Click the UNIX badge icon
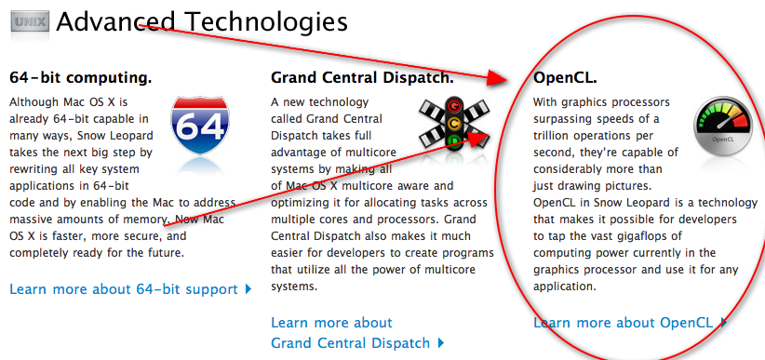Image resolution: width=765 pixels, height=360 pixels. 30,21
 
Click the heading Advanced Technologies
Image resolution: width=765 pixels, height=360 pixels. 202,21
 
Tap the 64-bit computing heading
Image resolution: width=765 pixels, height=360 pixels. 80,77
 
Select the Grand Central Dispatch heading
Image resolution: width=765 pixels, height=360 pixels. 362,77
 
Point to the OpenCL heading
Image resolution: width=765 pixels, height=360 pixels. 565,77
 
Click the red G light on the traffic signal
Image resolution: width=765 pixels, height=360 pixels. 455,106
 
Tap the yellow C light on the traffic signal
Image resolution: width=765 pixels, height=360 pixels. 455,124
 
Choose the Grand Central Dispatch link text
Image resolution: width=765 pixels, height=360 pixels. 350,343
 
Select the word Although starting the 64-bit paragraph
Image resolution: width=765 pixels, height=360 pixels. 34,103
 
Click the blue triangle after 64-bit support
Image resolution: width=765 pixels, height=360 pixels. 248,289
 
